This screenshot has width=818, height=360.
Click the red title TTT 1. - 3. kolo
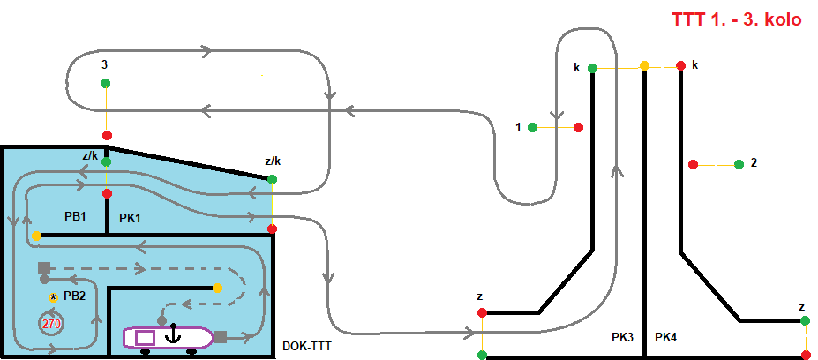pyautogui.click(x=737, y=19)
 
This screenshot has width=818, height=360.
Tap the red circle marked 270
pyautogui.click(x=51, y=324)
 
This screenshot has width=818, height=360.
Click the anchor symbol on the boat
pyautogui.click(x=174, y=334)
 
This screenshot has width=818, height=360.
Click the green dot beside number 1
pyautogui.click(x=532, y=127)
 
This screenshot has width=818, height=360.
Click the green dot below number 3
pyautogui.click(x=106, y=83)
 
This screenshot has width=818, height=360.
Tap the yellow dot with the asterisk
pyautogui.click(x=53, y=297)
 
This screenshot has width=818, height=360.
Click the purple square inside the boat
pyautogui.click(x=145, y=337)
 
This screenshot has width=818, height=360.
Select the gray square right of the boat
pyautogui.click(x=221, y=336)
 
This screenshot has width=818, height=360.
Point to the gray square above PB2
pyautogui.click(x=43, y=267)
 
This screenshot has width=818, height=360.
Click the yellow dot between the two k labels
pyautogui.click(x=644, y=65)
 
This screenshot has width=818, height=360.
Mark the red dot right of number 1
pyautogui.click(x=579, y=127)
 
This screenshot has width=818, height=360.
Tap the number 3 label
pyautogui.click(x=105, y=64)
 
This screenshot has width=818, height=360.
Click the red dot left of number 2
pyautogui.click(x=694, y=164)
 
